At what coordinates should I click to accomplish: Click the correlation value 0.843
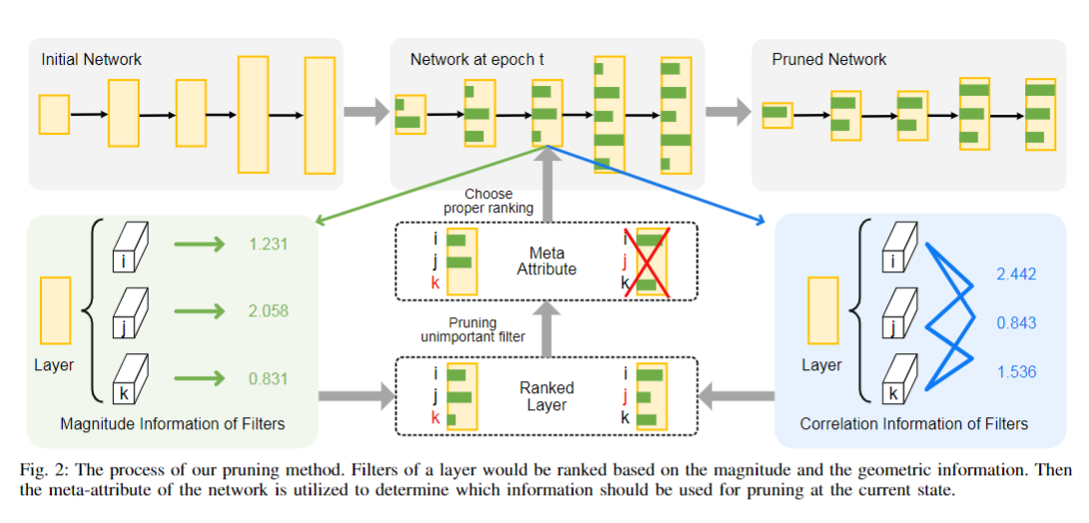(x=1015, y=322)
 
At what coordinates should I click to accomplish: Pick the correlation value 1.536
(x=1015, y=371)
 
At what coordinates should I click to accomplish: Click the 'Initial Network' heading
(x=91, y=60)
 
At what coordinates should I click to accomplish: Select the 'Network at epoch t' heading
(x=477, y=60)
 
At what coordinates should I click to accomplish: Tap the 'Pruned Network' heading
(x=828, y=60)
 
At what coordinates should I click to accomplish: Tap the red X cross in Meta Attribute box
(x=650, y=262)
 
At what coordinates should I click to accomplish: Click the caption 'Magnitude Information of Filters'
(x=173, y=424)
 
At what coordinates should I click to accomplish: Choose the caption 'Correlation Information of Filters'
(x=913, y=424)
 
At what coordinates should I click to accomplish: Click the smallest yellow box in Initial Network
(x=54, y=114)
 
